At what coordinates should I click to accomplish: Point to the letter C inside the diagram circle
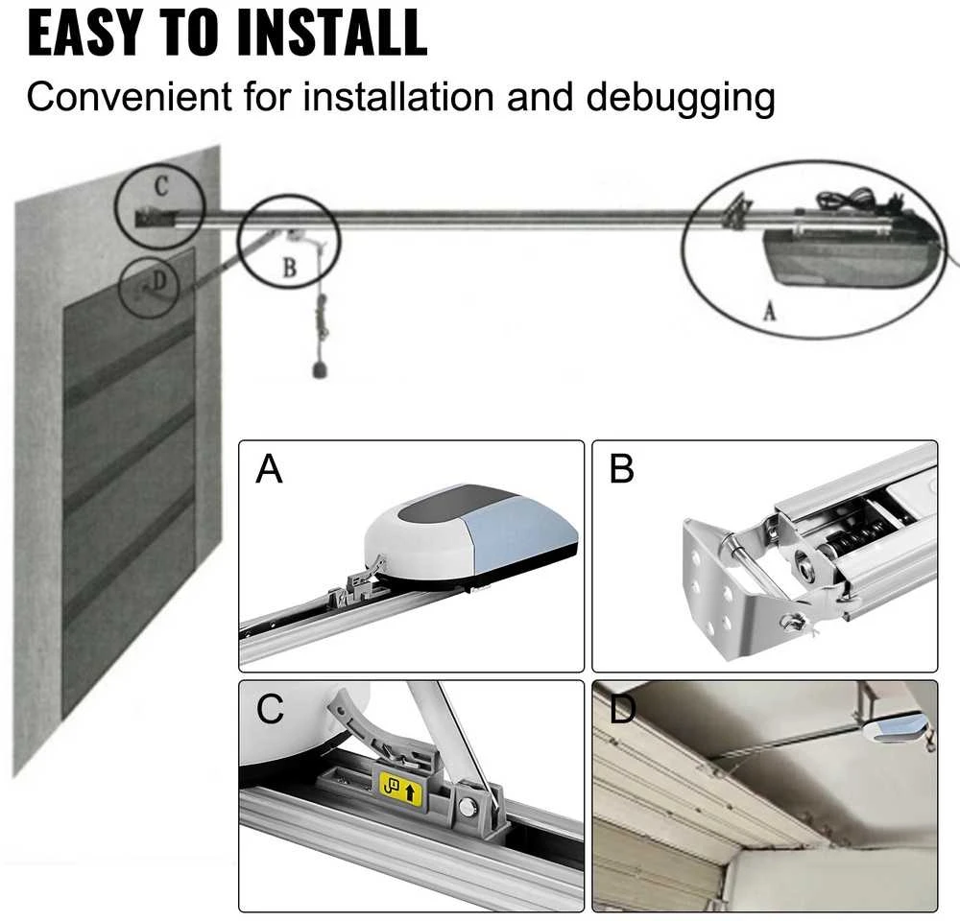click(x=161, y=186)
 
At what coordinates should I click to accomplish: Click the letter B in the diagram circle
click(x=290, y=268)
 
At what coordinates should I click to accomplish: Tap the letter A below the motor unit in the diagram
click(x=770, y=312)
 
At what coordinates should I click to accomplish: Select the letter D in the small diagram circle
click(x=159, y=280)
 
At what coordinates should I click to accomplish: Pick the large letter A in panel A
click(x=270, y=469)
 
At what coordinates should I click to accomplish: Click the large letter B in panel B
click(x=621, y=469)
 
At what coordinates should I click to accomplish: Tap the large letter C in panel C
click(x=270, y=709)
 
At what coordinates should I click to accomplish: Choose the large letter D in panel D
click(x=622, y=709)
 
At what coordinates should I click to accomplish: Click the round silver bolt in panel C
click(x=468, y=808)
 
